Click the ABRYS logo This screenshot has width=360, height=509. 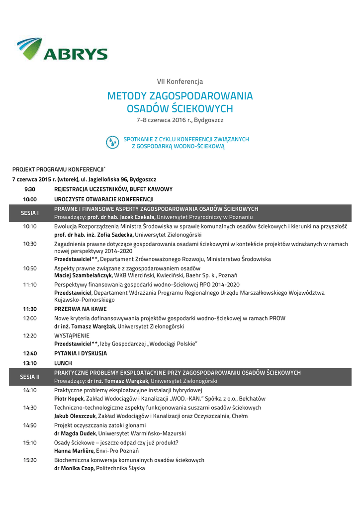(62, 49)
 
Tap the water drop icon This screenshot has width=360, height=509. (113, 142)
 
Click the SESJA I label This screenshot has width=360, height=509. (30, 213)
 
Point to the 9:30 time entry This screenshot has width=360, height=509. (30, 189)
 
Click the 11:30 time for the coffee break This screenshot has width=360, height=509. (30, 309)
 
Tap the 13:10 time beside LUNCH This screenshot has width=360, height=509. (30, 363)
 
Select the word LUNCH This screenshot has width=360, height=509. (63, 363)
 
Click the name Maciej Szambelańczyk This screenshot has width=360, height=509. (83, 275)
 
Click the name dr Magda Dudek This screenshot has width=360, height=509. (75, 433)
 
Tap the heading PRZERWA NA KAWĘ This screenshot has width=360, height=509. (80, 309)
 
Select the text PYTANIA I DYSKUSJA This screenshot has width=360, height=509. (81, 353)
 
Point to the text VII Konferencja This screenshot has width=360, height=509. (180, 81)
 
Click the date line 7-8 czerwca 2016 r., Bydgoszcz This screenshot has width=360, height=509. (180, 120)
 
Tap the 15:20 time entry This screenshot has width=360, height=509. (30, 460)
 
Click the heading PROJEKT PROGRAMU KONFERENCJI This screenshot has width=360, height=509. (58, 170)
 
